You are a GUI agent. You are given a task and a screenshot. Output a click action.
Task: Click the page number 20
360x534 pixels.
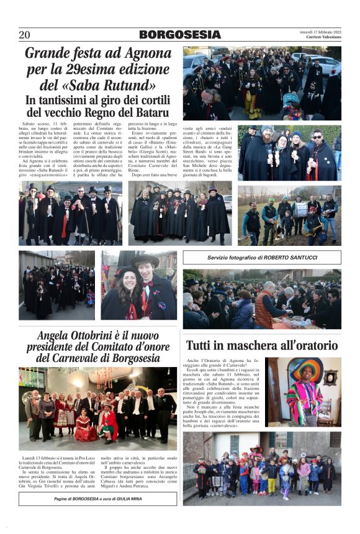pyautogui.click(x=24, y=35)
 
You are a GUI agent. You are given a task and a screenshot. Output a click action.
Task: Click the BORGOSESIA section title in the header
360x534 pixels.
pyautogui.click(x=179, y=35)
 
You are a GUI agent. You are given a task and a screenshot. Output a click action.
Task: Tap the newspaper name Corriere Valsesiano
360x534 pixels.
pyautogui.click(x=321, y=38)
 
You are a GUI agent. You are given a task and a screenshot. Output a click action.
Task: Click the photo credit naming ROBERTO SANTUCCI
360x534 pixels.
pyautogui.click(x=262, y=258)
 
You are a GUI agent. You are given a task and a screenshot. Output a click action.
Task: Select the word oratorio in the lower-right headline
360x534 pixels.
pyautogui.click(x=308, y=345)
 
